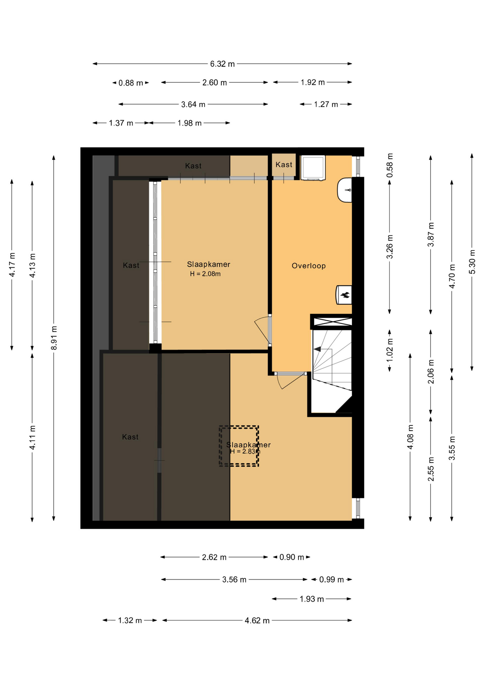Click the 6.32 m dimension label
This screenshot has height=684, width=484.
(222, 64)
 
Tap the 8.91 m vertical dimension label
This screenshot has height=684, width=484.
(54, 338)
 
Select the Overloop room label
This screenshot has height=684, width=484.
(309, 266)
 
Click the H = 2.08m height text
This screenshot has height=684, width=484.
(205, 274)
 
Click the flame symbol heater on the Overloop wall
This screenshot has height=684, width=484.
(344, 295)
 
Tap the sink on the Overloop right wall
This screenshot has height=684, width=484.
(345, 190)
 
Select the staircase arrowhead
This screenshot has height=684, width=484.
(317, 349)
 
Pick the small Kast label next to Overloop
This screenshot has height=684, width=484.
(284, 165)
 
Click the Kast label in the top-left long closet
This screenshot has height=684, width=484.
(193, 166)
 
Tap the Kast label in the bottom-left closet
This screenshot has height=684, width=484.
(130, 437)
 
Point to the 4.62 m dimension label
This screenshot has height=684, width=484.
(257, 621)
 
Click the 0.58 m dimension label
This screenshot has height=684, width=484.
(390, 165)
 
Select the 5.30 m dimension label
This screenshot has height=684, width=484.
(472, 262)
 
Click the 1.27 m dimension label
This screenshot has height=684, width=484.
(326, 104)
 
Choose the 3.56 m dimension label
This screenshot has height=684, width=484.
(234, 580)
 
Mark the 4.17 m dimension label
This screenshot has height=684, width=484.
(12, 265)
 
